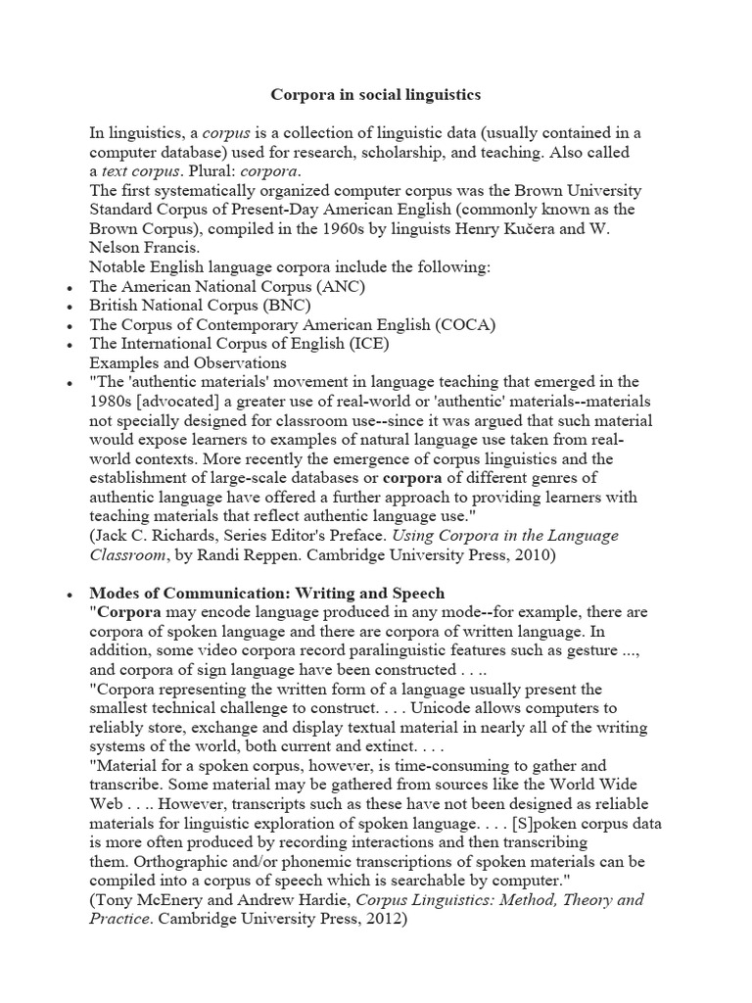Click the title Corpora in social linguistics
(375, 96)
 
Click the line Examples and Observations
(187, 362)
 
